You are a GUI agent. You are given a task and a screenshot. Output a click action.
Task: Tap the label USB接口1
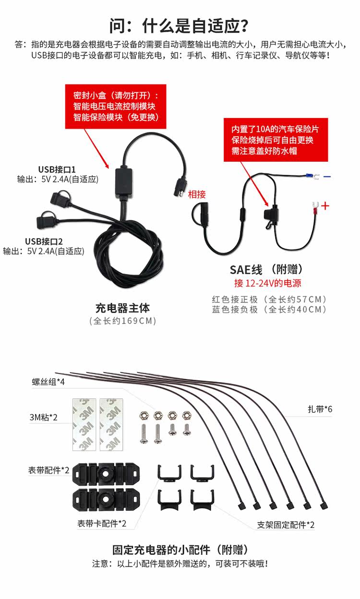pyautogui.click(x=57, y=169)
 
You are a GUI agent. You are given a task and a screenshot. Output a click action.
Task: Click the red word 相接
pyautogui.click(x=197, y=194)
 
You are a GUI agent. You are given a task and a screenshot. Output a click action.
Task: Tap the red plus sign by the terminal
pyautogui.click(x=326, y=206)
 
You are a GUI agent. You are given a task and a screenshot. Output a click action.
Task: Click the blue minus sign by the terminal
pyautogui.click(x=327, y=177)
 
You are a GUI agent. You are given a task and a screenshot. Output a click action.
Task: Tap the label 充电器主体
pyautogui.click(x=123, y=308)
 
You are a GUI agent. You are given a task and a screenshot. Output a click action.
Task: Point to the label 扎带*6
pyautogui.click(x=320, y=409)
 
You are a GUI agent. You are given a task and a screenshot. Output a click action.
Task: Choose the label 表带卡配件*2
pyautogui.click(x=102, y=523)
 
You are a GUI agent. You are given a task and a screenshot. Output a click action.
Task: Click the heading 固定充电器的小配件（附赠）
pyautogui.click(x=180, y=550)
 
